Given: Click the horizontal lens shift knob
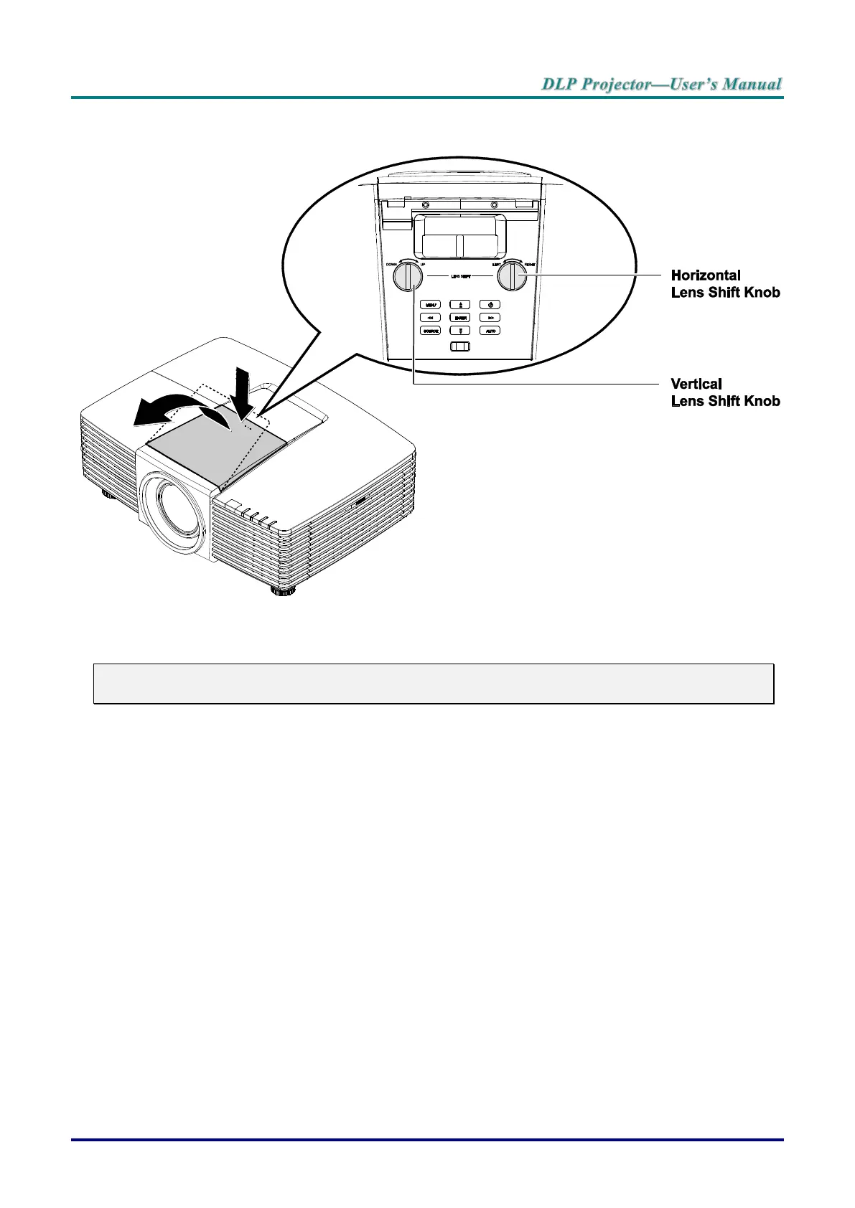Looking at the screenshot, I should pyautogui.click(x=513, y=275).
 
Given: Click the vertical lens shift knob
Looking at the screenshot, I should pyautogui.click(x=408, y=275).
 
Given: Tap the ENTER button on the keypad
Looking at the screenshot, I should pyautogui.click(x=460, y=318).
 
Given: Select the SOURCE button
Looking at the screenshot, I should pyautogui.click(x=430, y=331).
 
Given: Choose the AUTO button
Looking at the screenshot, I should pyautogui.click(x=490, y=331).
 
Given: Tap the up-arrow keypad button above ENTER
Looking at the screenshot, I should pyautogui.click(x=460, y=305).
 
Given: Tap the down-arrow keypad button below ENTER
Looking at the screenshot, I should pyautogui.click(x=460, y=331).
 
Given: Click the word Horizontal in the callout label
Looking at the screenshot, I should pyautogui.click(x=705, y=275).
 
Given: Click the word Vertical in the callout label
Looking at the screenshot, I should pyautogui.click(x=696, y=384).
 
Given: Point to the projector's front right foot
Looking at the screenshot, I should pyautogui.click(x=283, y=590).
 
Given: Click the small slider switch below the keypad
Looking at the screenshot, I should pyautogui.click(x=460, y=346).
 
